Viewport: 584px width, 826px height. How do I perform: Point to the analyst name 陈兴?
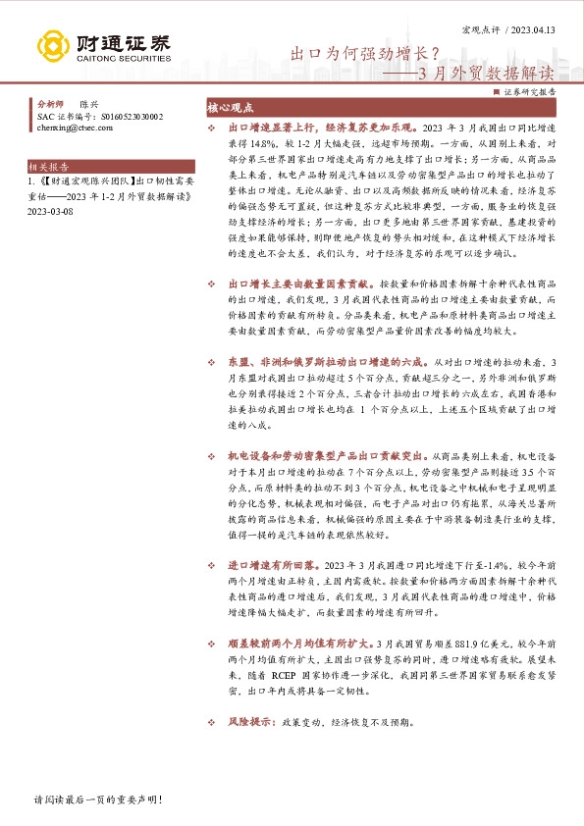tap(89, 103)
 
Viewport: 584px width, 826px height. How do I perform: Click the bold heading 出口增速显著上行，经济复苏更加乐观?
tap(319, 129)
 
